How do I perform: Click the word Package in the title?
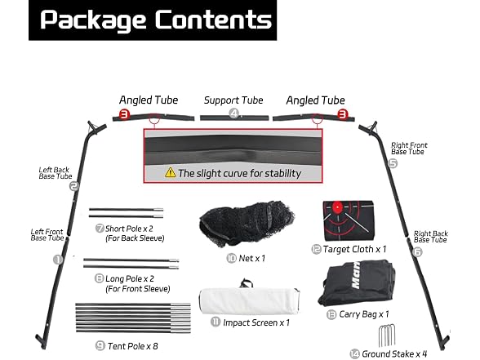click(93, 21)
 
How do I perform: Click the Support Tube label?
click(233, 100)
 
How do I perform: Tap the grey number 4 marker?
click(234, 113)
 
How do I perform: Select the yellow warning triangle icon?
click(170, 173)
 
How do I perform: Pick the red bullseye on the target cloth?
click(337, 207)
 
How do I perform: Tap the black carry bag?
click(357, 283)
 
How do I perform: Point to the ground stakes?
click(387, 336)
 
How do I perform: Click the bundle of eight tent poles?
click(133, 318)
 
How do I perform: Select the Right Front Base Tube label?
click(409, 149)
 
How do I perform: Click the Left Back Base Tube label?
click(56, 173)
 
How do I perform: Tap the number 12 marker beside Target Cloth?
click(316, 249)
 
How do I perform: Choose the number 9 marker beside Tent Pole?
click(100, 346)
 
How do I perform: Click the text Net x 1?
click(251, 258)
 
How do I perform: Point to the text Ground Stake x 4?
click(394, 354)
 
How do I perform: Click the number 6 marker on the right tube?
click(417, 252)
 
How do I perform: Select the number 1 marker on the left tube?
click(58, 260)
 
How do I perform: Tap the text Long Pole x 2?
click(130, 279)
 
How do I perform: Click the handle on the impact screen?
click(247, 283)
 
